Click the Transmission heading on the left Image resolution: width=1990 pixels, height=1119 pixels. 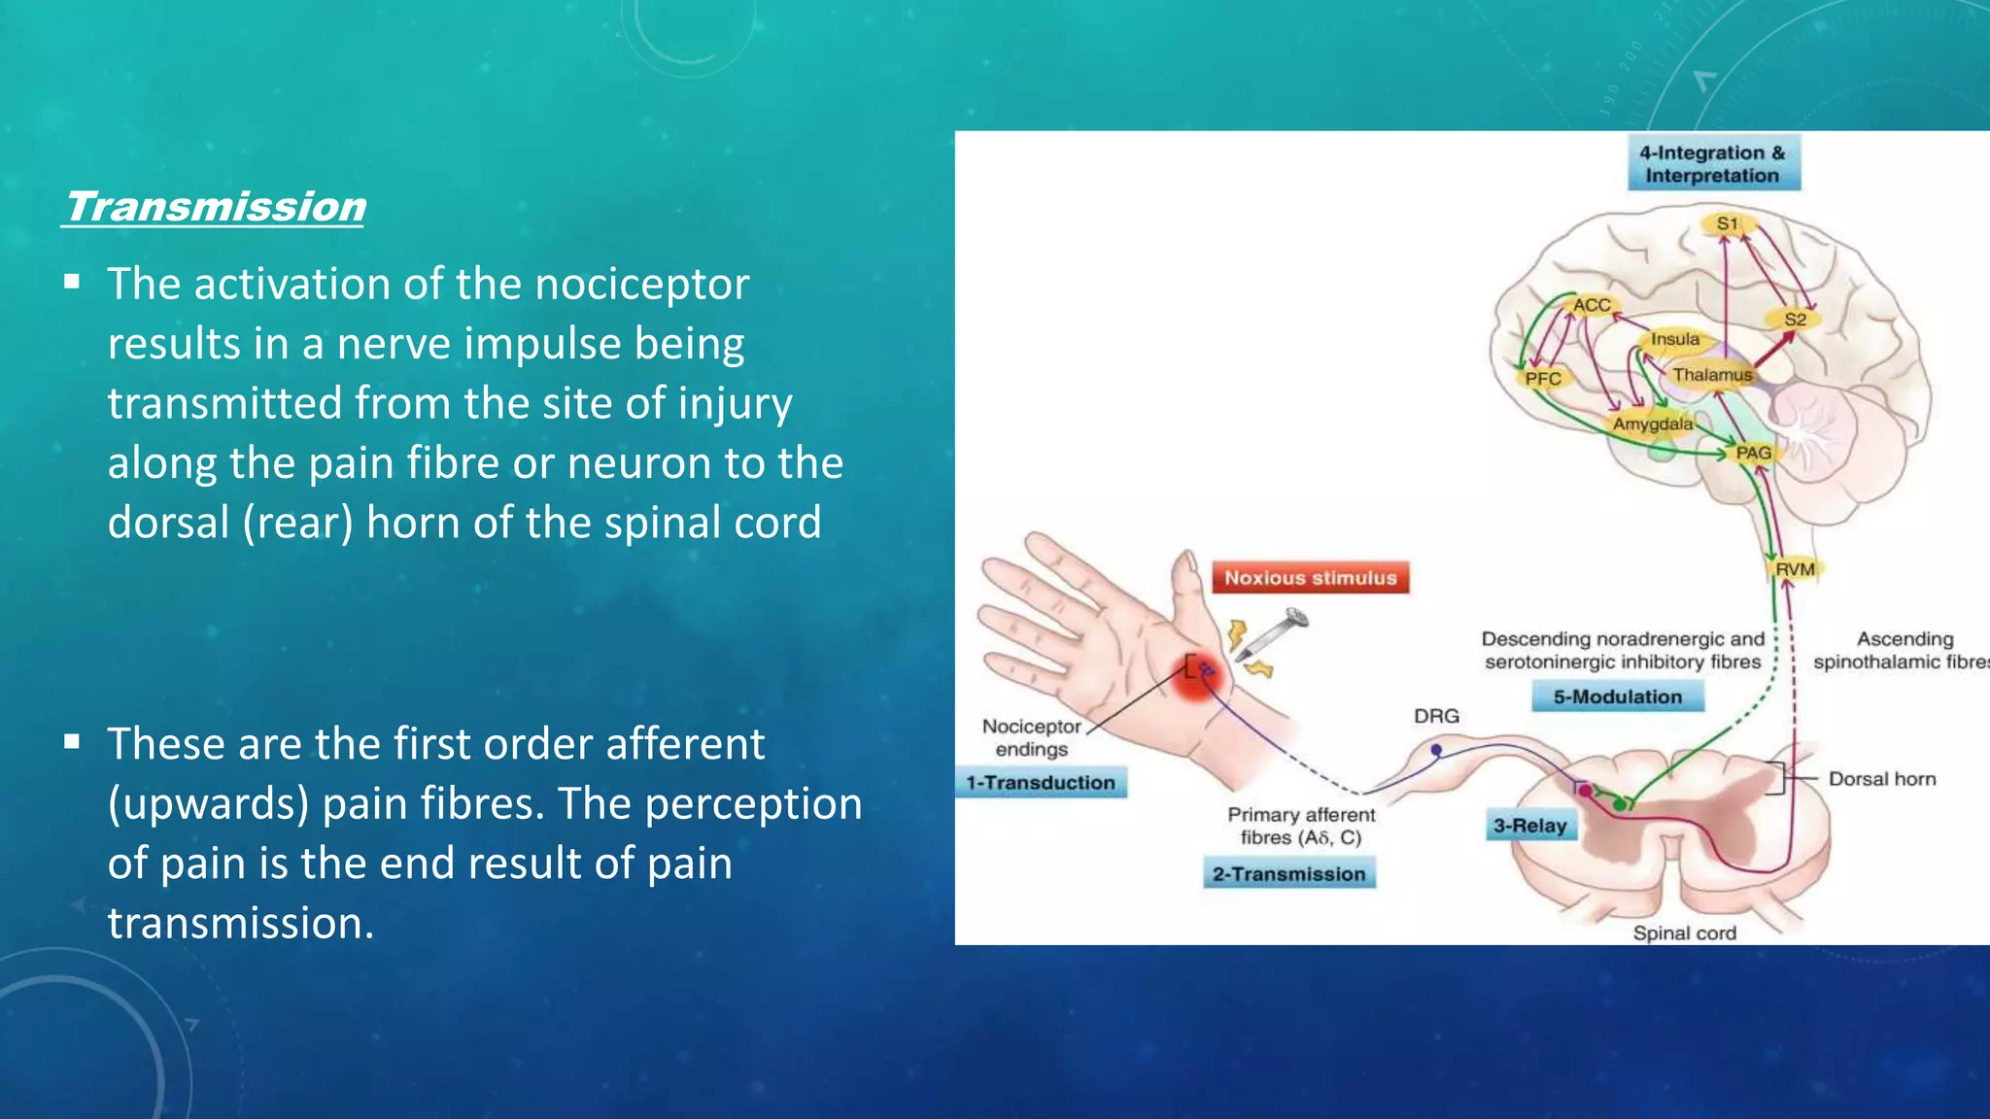click(x=214, y=207)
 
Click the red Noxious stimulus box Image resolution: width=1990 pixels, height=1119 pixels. click(x=1309, y=578)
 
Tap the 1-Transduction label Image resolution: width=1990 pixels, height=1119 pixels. click(x=1040, y=783)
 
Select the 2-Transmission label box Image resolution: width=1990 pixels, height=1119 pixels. click(x=1288, y=874)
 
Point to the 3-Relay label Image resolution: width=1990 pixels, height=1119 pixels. click(x=1529, y=826)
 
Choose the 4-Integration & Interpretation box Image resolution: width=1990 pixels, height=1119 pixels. click(x=1712, y=163)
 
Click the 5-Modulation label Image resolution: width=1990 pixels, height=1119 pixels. click(x=1617, y=696)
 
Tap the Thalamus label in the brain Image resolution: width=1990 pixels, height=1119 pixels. click(x=1712, y=375)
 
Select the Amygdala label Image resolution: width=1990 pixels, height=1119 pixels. click(x=1652, y=424)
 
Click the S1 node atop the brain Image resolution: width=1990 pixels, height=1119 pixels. click(x=1727, y=223)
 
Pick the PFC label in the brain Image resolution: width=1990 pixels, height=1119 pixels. click(x=1542, y=379)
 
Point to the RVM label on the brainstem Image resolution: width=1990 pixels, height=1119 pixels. click(x=1794, y=569)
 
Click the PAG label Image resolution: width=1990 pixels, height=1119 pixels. click(x=1753, y=453)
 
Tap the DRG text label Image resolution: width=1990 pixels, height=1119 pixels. click(x=1436, y=716)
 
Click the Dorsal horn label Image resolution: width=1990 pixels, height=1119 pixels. click(x=1881, y=779)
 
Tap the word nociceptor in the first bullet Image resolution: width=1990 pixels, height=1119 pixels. click(x=641, y=285)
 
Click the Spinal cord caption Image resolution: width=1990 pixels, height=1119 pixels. click(x=1684, y=932)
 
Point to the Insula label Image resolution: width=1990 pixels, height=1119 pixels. click(x=1675, y=339)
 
